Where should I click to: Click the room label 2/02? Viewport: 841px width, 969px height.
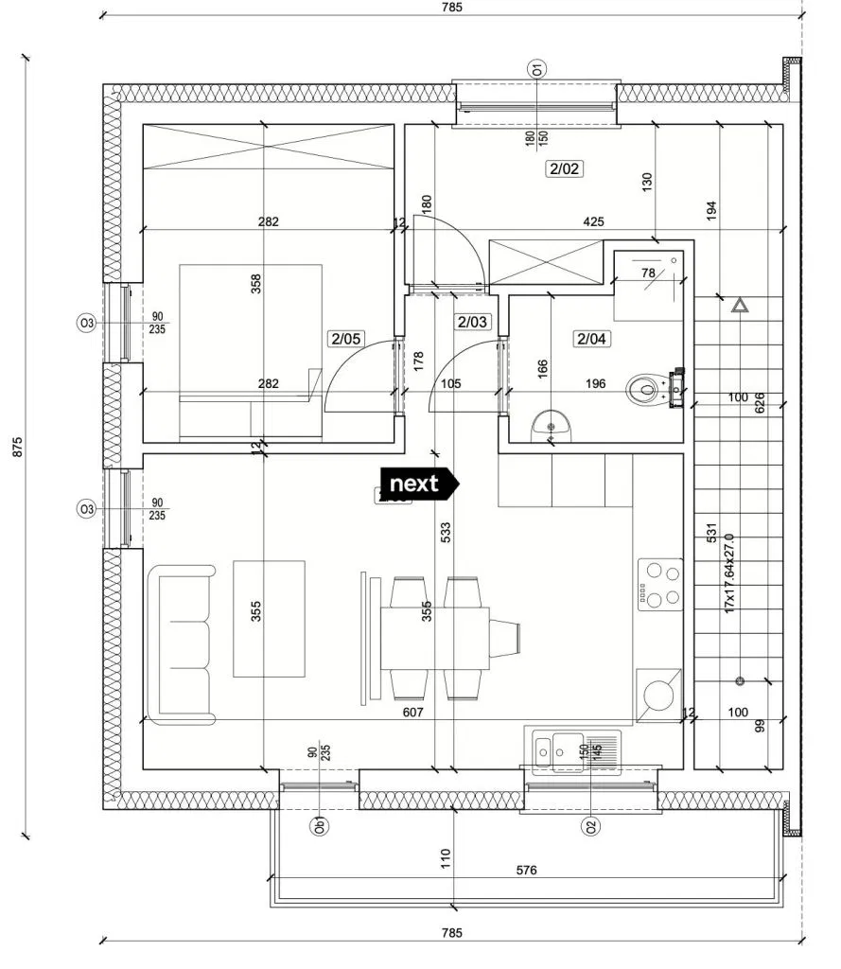(x=563, y=169)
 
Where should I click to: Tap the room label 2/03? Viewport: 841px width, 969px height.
(x=471, y=322)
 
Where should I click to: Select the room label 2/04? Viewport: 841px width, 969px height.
(x=592, y=338)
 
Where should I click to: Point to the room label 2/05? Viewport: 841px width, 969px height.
(x=345, y=338)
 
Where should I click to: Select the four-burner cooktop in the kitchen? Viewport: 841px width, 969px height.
(x=660, y=583)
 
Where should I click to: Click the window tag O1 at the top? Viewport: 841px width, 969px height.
(x=536, y=68)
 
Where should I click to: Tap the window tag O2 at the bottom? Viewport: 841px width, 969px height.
(x=591, y=826)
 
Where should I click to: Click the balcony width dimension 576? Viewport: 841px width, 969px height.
(x=527, y=869)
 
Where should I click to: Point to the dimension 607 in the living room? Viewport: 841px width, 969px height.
(x=412, y=713)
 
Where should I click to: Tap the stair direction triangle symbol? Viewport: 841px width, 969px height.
(x=740, y=306)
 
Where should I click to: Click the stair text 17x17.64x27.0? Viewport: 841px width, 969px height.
(x=729, y=573)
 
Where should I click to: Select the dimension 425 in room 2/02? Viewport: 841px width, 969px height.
(x=593, y=222)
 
